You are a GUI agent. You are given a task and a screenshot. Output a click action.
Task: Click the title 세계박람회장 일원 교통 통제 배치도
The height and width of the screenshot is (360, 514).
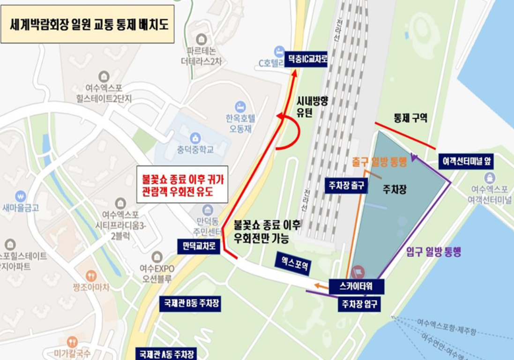87,24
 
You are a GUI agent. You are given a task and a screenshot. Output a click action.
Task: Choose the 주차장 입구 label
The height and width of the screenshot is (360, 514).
359,304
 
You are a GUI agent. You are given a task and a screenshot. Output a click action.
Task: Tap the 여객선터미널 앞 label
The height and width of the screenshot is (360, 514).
466,162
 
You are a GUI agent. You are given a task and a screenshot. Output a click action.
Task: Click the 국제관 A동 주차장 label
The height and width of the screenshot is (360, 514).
165,353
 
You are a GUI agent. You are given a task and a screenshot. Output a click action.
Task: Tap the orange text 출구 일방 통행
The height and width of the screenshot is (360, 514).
379,162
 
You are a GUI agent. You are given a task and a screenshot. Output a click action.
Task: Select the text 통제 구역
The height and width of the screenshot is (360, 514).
410,118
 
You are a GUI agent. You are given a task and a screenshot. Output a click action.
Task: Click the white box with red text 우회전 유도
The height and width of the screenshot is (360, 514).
182,184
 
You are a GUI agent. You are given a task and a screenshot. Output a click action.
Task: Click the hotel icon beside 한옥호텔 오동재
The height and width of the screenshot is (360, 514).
240,106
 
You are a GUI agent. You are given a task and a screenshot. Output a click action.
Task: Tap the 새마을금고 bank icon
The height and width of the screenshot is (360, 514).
20,196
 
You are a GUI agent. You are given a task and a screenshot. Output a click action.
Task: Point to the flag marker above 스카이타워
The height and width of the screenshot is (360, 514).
359,270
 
